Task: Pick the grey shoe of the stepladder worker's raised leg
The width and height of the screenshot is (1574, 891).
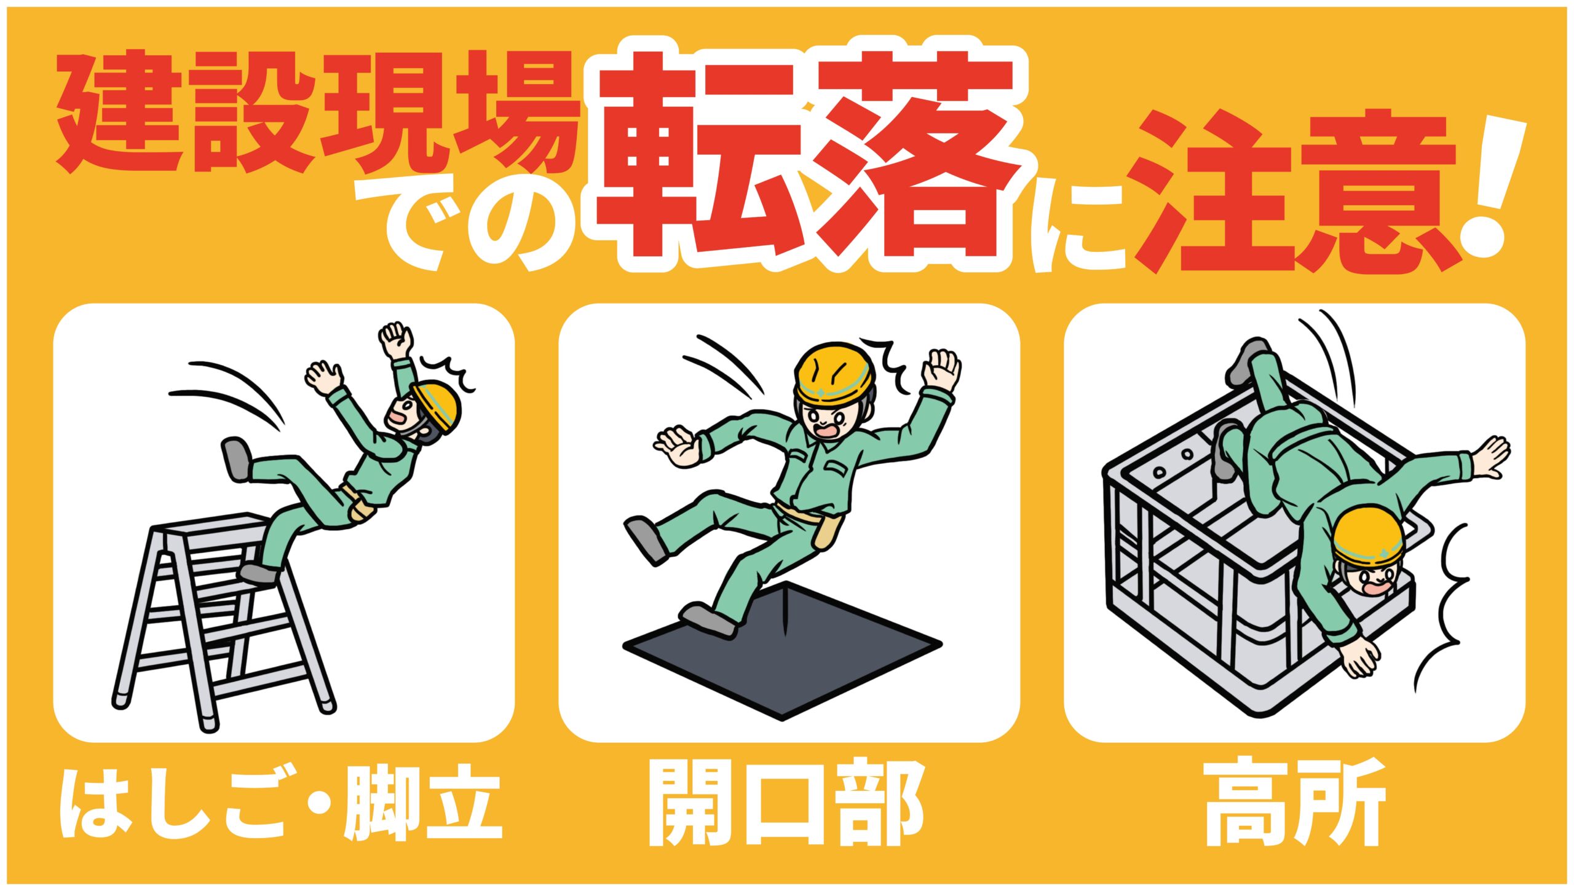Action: coord(237,458)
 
